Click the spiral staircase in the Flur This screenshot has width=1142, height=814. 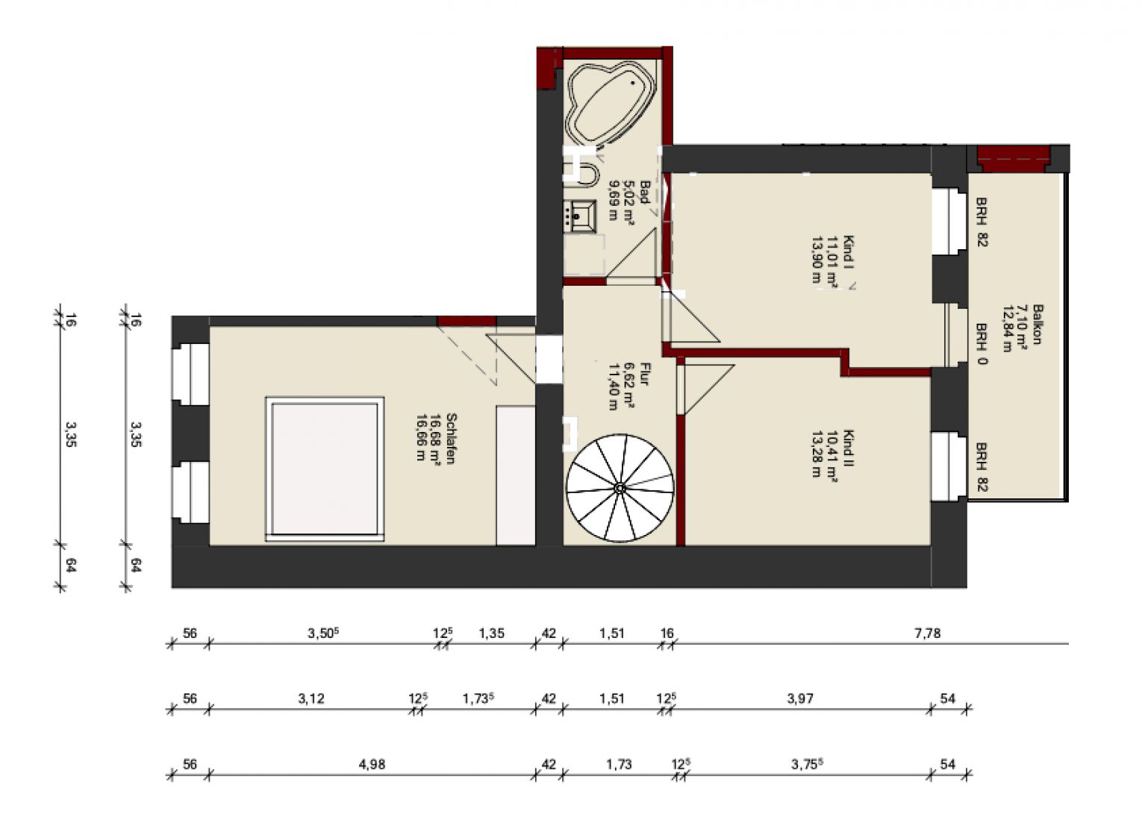(620, 488)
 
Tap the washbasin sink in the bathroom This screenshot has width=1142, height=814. (580, 216)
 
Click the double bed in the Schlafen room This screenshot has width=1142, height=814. (325, 469)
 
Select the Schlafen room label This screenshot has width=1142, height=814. (451, 439)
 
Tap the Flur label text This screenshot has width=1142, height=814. (644, 374)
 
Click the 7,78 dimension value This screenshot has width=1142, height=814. (927, 633)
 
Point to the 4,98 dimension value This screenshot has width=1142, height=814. (372, 764)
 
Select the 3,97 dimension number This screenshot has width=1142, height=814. (800, 698)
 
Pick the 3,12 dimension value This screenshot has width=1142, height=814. (311, 698)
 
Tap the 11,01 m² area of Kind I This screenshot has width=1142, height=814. (833, 261)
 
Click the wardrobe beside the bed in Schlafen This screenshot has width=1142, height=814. (516, 475)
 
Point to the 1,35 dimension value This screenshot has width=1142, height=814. (491, 633)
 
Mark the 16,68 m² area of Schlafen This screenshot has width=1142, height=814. (435, 439)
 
